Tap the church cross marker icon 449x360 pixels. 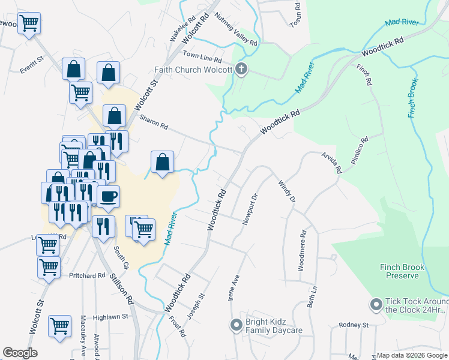(241, 68)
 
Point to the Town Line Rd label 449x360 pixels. (203, 57)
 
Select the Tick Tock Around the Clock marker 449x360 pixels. (376, 305)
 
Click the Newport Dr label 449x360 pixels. (250, 209)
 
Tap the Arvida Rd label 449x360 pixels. (331, 162)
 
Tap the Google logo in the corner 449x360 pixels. (20, 353)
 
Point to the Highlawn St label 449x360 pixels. (110, 316)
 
